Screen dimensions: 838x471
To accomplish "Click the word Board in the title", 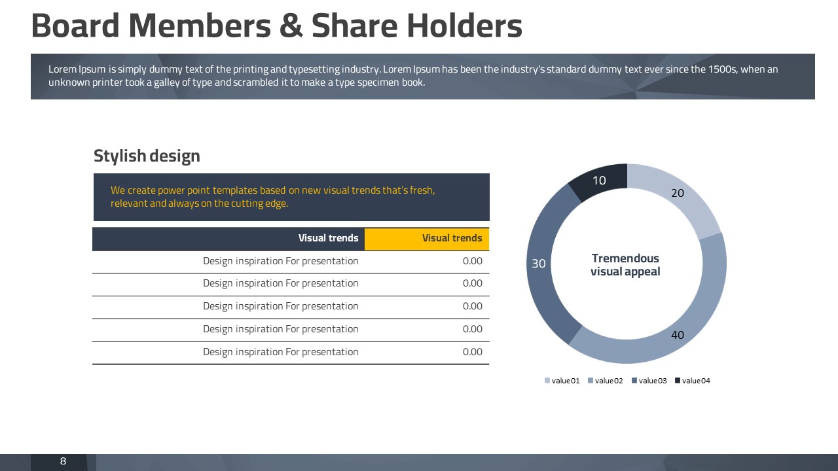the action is click(75, 26).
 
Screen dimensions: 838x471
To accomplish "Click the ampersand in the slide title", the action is click(291, 26).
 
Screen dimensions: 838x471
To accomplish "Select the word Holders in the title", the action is click(464, 26).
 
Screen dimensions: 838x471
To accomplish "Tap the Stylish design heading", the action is click(147, 156).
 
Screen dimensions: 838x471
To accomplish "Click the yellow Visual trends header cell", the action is click(426, 239).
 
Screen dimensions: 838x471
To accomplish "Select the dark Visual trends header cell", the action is click(228, 239).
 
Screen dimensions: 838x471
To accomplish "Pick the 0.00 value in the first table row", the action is click(472, 261).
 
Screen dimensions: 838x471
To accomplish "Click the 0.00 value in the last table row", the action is click(472, 352).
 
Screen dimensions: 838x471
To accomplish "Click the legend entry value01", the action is click(562, 381).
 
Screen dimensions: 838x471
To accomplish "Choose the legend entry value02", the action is click(606, 381).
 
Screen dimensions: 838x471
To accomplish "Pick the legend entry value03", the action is click(649, 381).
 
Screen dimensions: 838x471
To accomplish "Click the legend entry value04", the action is click(693, 381).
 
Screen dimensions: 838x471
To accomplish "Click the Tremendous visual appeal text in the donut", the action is click(625, 265).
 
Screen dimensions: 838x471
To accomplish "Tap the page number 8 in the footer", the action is click(64, 461).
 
